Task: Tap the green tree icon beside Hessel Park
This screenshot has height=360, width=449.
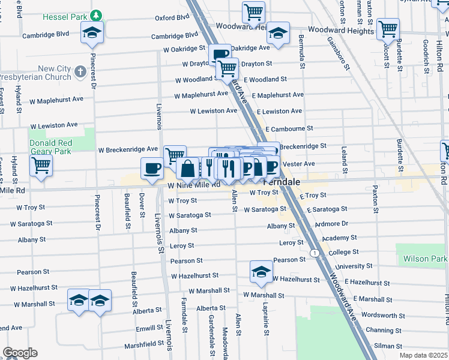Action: [96, 14]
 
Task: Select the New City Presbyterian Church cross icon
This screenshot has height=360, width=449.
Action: [80, 73]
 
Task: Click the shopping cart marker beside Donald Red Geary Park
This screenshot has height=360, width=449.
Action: [41, 165]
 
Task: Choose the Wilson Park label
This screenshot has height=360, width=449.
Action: [430, 259]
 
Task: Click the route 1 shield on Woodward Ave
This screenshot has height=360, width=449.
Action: [315, 253]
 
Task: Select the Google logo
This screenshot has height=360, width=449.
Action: [19, 353]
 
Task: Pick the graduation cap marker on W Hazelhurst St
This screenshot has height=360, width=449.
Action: [262, 271]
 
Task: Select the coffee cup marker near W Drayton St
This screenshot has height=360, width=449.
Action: [220, 55]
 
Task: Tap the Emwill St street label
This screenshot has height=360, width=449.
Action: [145, 329]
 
